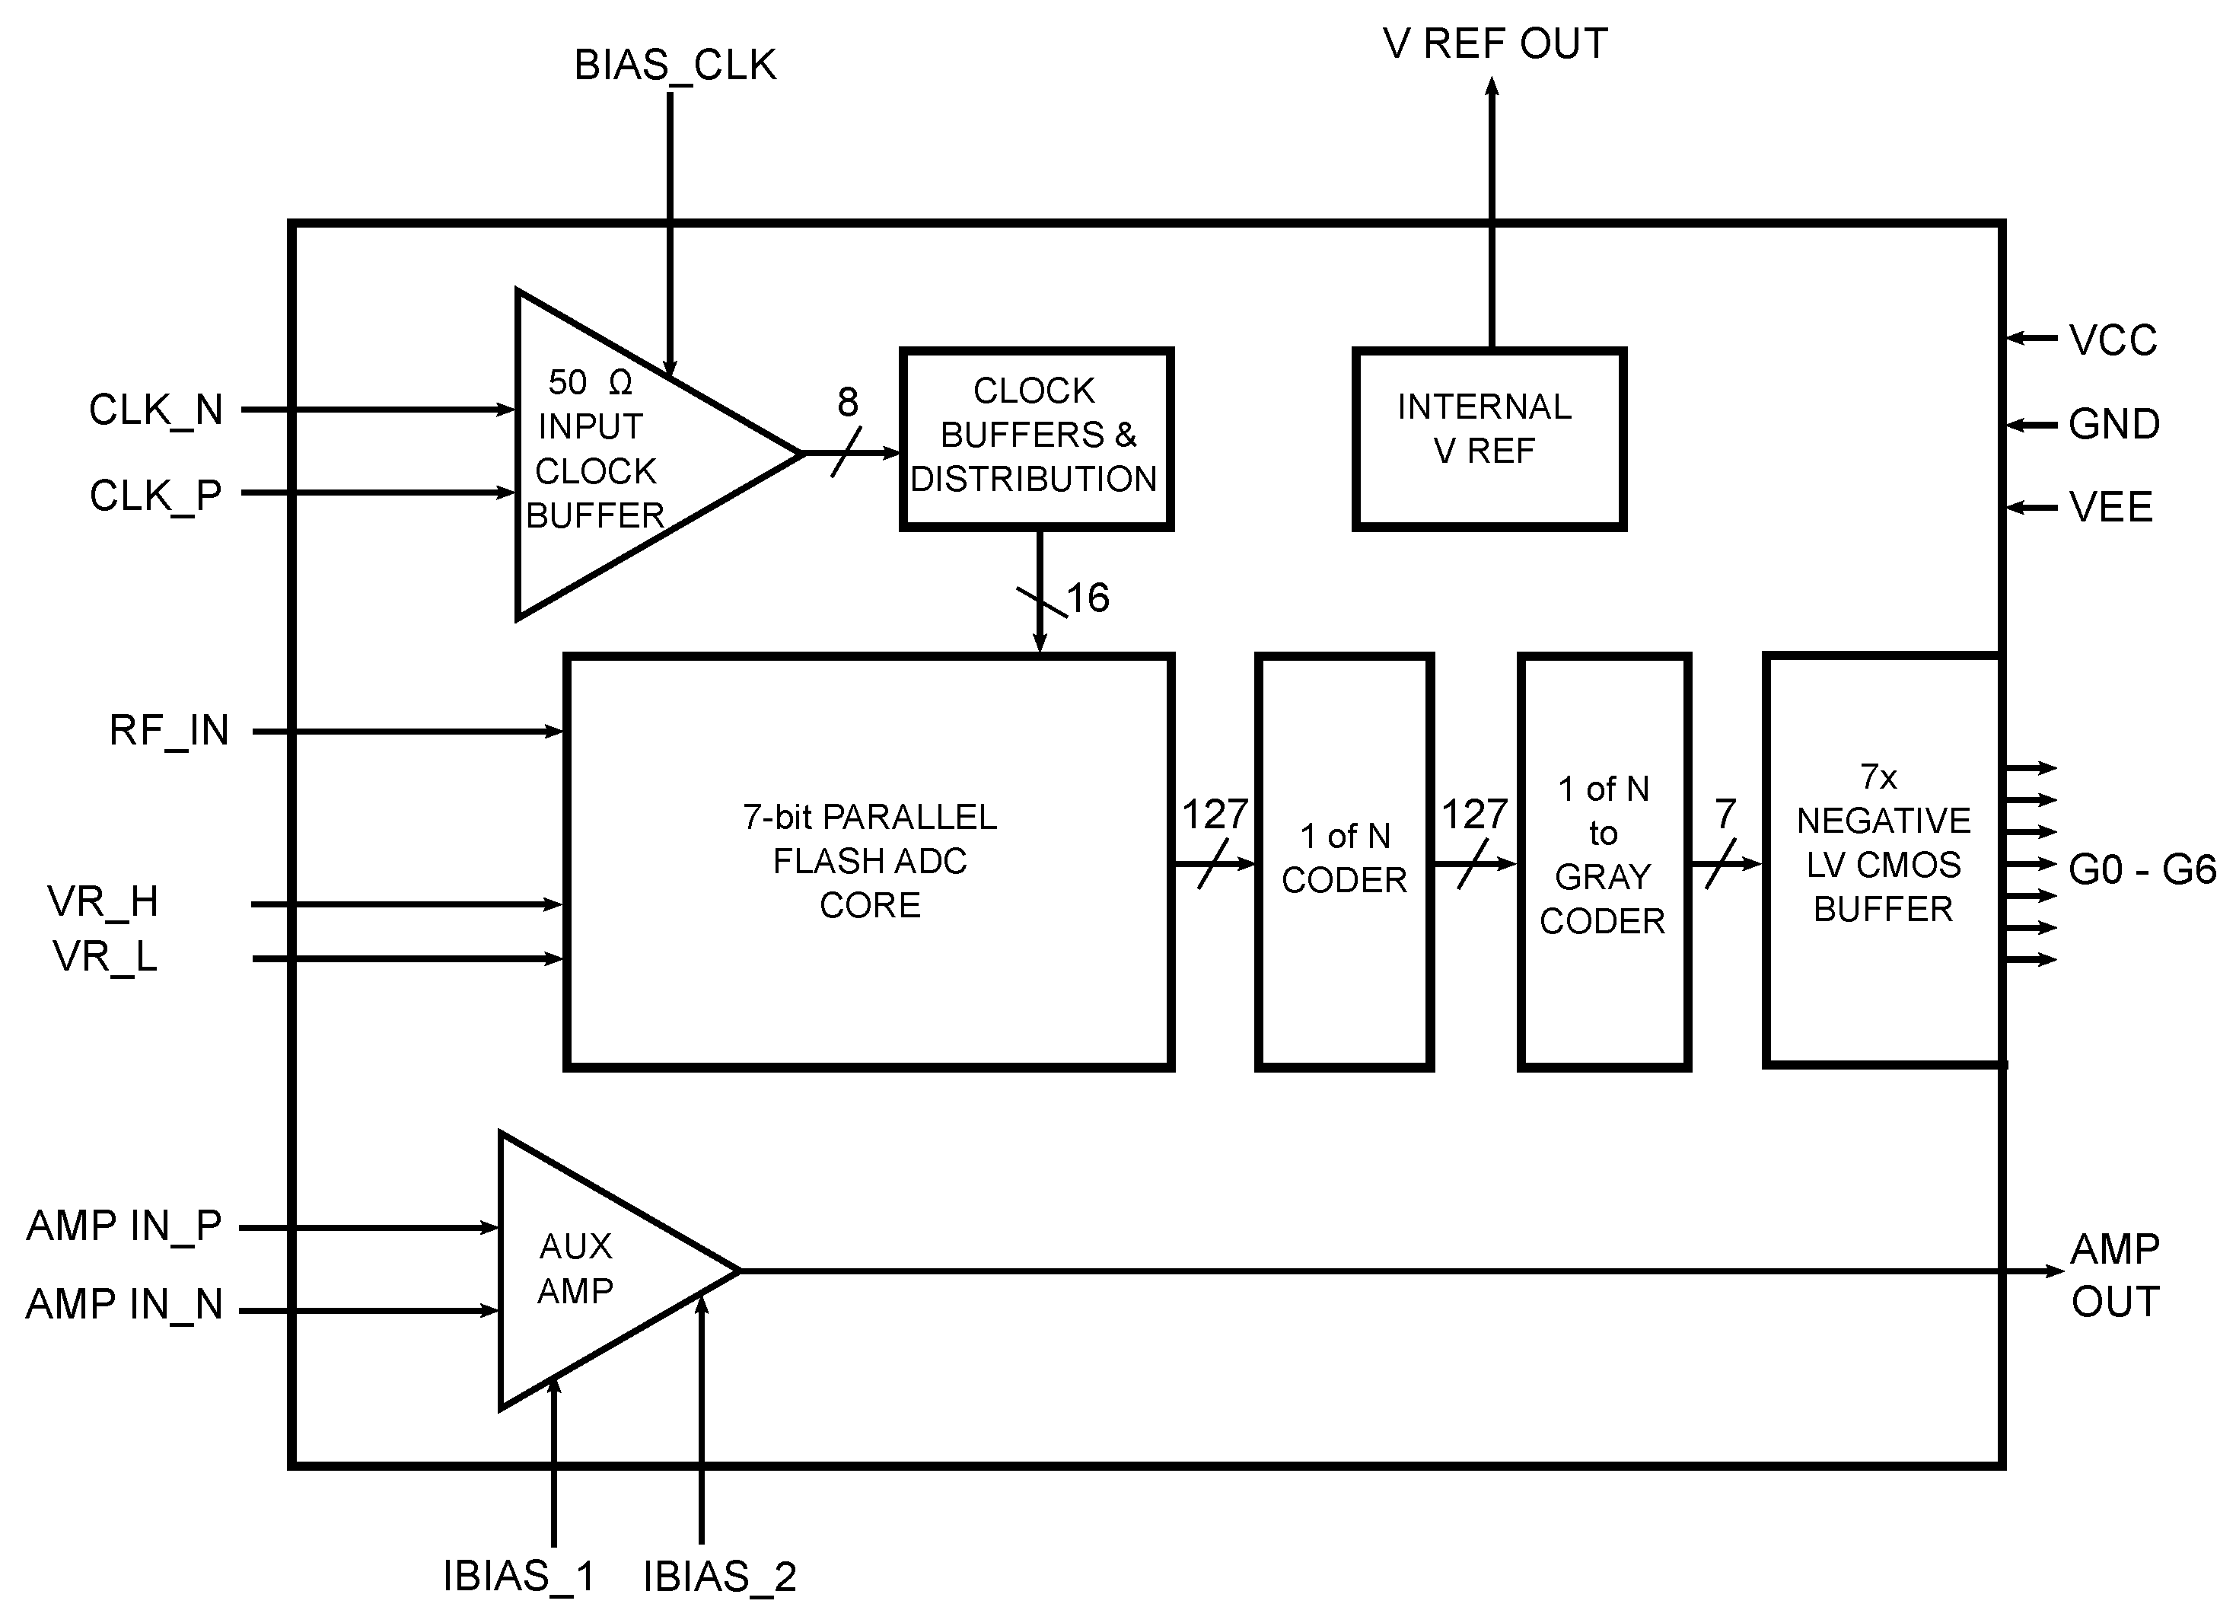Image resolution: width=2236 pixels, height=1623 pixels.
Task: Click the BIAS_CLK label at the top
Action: pos(675,65)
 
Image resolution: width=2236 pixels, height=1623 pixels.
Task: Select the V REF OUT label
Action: pos(1495,43)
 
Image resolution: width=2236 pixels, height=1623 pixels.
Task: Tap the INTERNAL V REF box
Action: pos(1488,438)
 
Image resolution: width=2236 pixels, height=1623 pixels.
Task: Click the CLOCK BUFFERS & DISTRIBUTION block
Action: pos(1035,438)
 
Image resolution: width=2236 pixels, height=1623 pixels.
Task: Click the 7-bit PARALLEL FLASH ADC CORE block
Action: pos(868,859)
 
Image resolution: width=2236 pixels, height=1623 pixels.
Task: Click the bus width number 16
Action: pos(1088,598)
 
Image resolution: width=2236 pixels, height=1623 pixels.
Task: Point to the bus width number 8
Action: pos(847,402)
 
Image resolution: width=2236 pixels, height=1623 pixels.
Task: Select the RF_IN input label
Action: pos(169,731)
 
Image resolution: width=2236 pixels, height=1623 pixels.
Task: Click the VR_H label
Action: pos(104,901)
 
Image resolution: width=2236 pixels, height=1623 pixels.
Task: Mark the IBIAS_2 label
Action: pos(720,1577)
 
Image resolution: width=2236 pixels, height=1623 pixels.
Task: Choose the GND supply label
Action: pos(2113,425)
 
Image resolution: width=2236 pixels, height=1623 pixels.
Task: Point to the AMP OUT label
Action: pos(2115,1275)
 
